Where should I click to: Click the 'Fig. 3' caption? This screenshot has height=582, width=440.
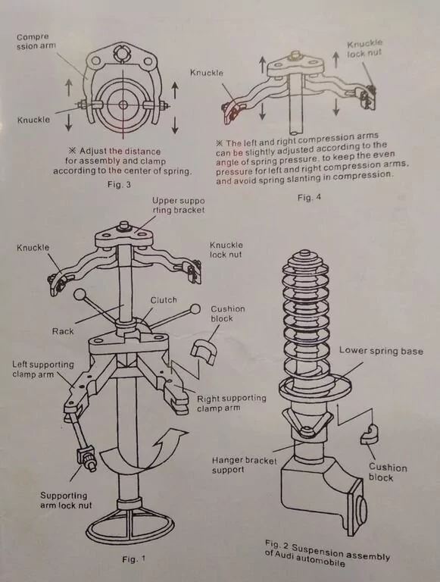pyautogui.click(x=119, y=184)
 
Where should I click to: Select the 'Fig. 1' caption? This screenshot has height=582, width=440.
pyautogui.click(x=134, y=559)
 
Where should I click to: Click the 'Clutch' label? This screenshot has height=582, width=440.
pyautogui.click(x=164, y=300)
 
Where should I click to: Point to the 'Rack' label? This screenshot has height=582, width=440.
pyautogui.click(x=63, y=331)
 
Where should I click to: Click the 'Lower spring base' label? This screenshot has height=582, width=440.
pyautogui.click(x=381, y=351)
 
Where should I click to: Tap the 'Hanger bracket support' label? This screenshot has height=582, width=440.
pyautogui.click(x=244, y=465)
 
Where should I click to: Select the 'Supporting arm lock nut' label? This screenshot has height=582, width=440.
pyautogui.click(x=66, y=500)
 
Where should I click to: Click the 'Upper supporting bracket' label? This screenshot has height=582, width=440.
pyautogui.click(x=178, y=205)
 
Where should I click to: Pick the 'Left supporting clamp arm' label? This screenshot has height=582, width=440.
pyautogui.click(x=43, y=369)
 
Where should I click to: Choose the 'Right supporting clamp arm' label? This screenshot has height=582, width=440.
pyautogui.click(x=232, y=403)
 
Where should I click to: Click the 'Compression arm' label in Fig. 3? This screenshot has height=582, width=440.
pyautogui.click(x=36, y=42)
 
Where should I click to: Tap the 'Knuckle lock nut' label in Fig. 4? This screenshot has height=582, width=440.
pyautogui.click(x=364, y=48)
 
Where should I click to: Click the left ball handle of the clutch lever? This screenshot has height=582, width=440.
pyautogui.click(x=80, y=296)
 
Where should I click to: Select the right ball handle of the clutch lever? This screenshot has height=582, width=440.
pyautogui.click(x=195, y=309)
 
